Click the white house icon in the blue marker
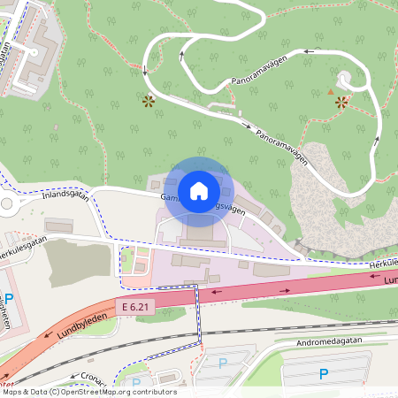coord(198,190)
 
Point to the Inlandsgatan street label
coord(66,195)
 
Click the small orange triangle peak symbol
coord(331,91)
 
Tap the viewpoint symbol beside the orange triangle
coord(342,102)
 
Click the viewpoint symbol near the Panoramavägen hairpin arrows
coord(148,101)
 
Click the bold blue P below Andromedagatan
coord(324,374)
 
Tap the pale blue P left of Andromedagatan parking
coord(223,363)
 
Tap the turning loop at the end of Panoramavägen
coord(347,81)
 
